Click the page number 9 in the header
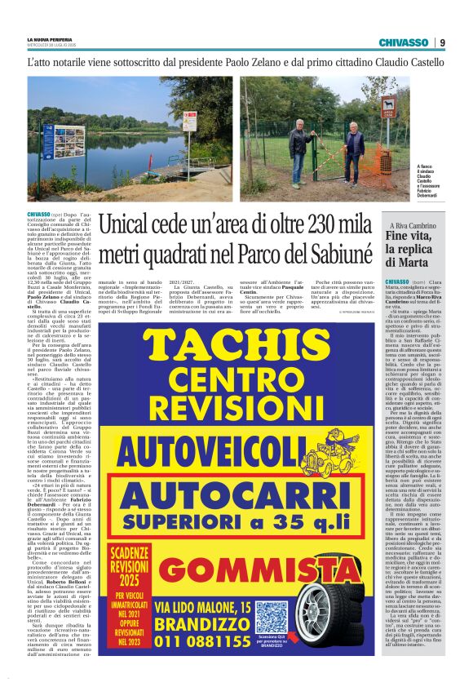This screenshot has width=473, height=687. pos(442,42)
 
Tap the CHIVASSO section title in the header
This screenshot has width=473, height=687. pos(403,42)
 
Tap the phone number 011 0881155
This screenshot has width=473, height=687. pos(203,641)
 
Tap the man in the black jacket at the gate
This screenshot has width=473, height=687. pos(353,147)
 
